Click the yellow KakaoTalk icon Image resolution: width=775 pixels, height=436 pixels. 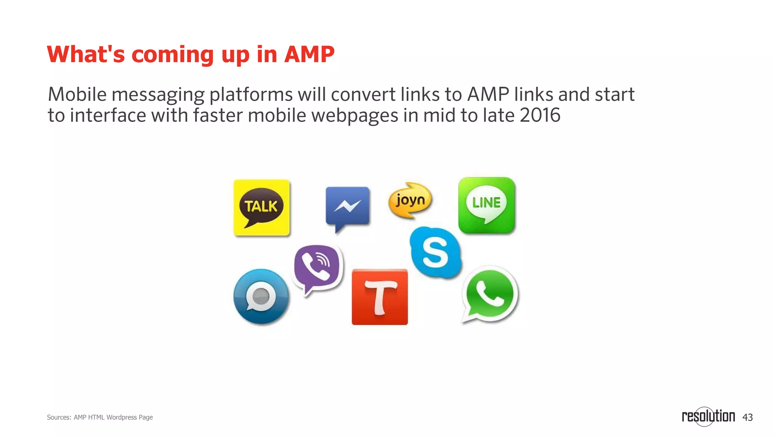(261, 207)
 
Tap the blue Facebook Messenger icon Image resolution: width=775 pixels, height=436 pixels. (347, 207)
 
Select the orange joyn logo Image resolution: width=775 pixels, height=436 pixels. (410, 201)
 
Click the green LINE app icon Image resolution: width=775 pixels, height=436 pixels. (487, 205)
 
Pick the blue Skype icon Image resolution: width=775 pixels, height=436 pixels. (435, 252)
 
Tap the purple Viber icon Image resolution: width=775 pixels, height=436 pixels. (318, 268)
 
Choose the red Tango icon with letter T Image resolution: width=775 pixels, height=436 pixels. (380, 297)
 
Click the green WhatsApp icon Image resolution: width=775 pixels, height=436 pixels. (490, 294)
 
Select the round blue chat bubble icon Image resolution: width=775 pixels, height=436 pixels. (261, 296)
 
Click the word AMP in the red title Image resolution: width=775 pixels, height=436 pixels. (309, 54)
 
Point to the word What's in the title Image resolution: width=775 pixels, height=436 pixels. (86, 54)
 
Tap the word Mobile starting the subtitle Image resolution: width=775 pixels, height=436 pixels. (77, 94)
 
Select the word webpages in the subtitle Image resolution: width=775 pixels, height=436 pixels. (355, 116)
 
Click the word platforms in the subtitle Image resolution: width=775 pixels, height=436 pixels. (251, 95)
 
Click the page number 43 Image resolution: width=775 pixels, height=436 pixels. (747, 417)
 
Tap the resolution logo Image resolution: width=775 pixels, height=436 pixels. (708, 416)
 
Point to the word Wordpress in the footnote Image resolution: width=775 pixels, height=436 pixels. (121, 417)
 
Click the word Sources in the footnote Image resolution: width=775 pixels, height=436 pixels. (59, 417)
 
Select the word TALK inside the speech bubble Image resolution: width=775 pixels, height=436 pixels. (261, 207)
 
